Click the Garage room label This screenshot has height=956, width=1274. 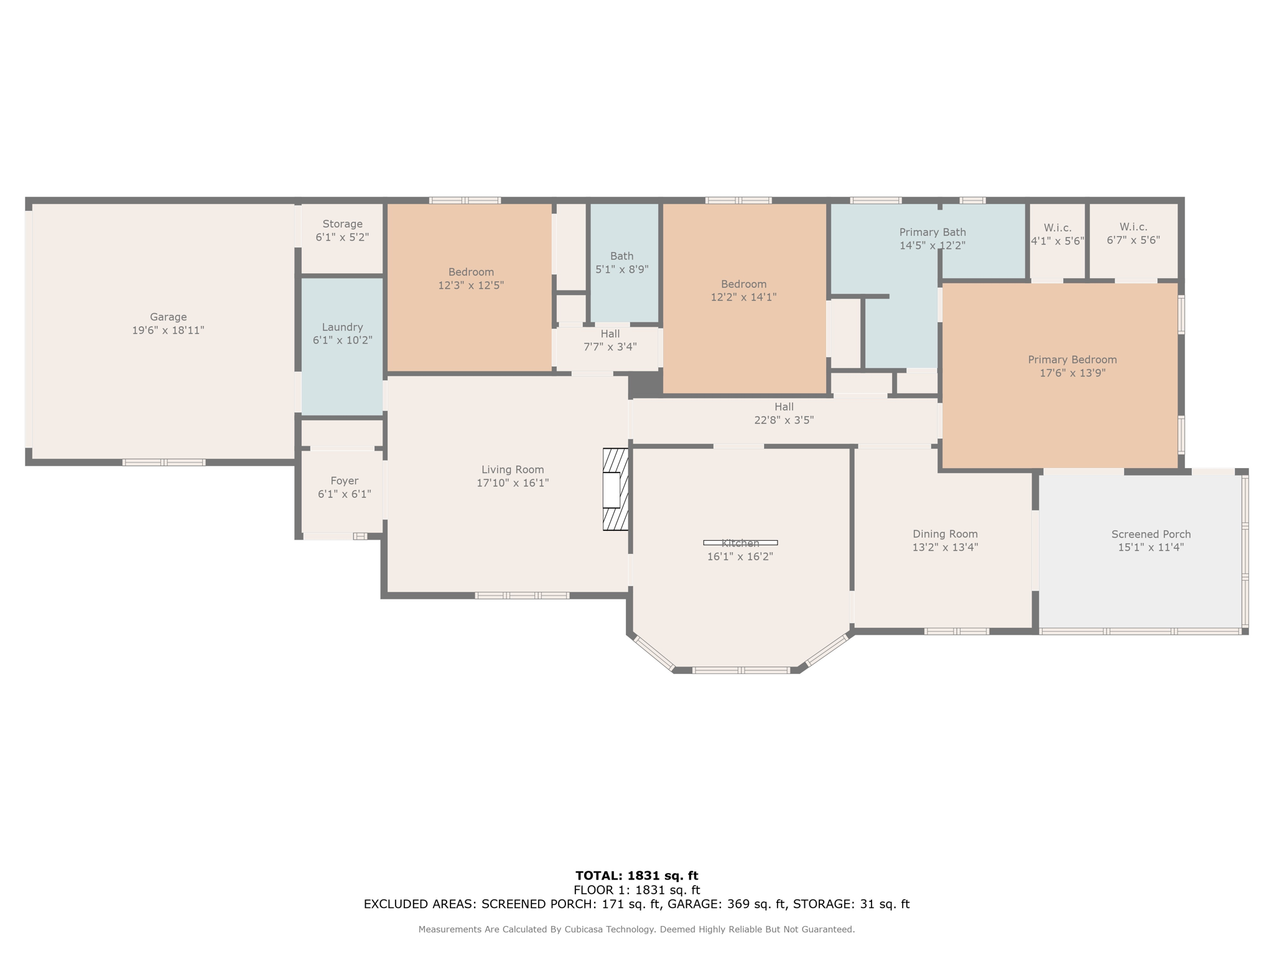click(168, 317)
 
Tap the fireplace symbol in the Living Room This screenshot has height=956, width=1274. click(616, 489)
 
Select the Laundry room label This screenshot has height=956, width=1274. click(342, 327)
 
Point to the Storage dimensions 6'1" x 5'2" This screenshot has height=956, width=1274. click(342, 237)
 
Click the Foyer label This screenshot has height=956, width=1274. click(344, 481)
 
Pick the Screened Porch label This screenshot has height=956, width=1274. click(1151, 535)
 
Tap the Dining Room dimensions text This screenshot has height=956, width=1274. click(945, 548)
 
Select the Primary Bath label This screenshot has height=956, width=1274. click(932, 233)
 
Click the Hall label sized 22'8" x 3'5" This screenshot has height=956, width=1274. click(784, 407)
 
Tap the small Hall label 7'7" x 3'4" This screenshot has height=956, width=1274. click(610, 334)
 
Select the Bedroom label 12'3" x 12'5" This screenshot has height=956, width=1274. click(471, 273)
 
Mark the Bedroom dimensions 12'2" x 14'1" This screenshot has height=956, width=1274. click(743, 298)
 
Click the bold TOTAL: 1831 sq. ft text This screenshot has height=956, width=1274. click(637, 876)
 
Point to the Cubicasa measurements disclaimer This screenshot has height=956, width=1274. click(636, 929)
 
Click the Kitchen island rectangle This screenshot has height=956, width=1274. click(740, 543)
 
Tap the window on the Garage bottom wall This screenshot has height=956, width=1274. click(164, 462)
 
